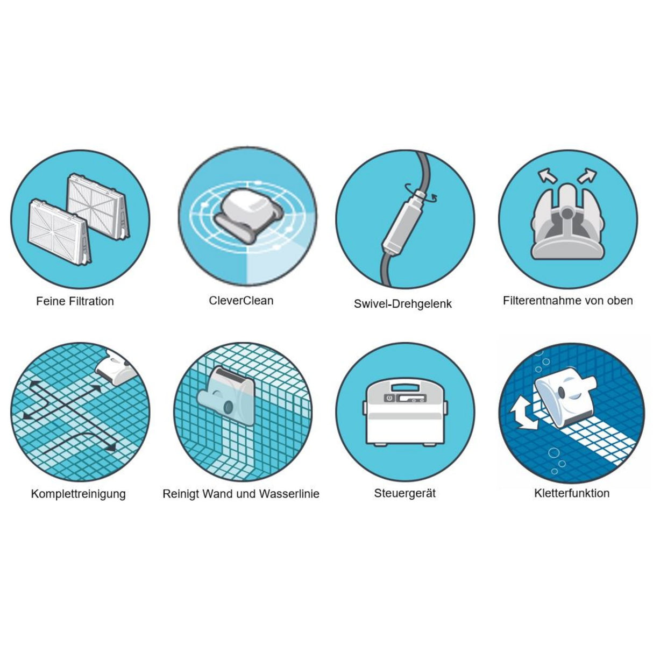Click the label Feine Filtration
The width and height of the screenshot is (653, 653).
75,301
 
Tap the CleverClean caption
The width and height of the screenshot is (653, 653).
241,301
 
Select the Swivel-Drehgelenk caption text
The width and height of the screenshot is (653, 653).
402,303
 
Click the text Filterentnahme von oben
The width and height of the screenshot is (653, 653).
567,301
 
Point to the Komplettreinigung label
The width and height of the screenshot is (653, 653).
79,494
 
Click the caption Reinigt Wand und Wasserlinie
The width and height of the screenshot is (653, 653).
241,494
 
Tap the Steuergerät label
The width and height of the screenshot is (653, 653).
404,493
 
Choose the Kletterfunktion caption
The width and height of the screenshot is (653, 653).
572,493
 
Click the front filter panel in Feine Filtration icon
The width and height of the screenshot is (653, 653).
59,233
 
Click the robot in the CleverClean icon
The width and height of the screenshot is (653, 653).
247,215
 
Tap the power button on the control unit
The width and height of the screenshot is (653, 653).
388,398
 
